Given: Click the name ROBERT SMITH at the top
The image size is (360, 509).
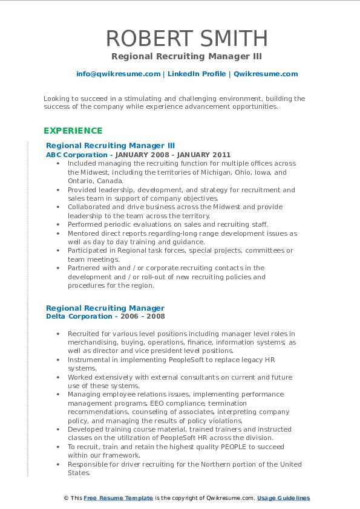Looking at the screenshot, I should point(187,37).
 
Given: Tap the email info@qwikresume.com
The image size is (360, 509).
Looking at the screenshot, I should point(118,74).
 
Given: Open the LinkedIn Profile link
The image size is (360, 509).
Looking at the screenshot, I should point(195,74).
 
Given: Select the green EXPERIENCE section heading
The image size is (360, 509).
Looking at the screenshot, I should point(73,131).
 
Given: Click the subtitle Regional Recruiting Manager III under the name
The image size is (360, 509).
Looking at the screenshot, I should point(187,56).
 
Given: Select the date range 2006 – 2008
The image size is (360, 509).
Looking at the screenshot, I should point(144,316).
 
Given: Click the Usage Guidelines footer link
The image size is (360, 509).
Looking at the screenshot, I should point(283,498).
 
